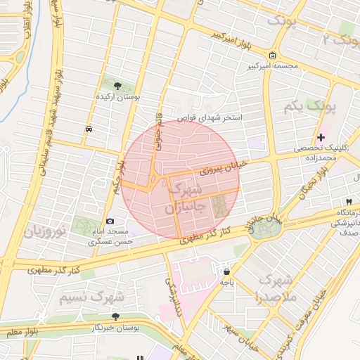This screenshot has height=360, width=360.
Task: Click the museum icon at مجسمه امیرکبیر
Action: coord(272,56)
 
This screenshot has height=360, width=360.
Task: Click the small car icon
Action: coord(89,129)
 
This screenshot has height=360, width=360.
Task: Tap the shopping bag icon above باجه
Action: coord(226,271)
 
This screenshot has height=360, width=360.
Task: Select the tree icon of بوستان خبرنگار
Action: coord(115,317)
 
